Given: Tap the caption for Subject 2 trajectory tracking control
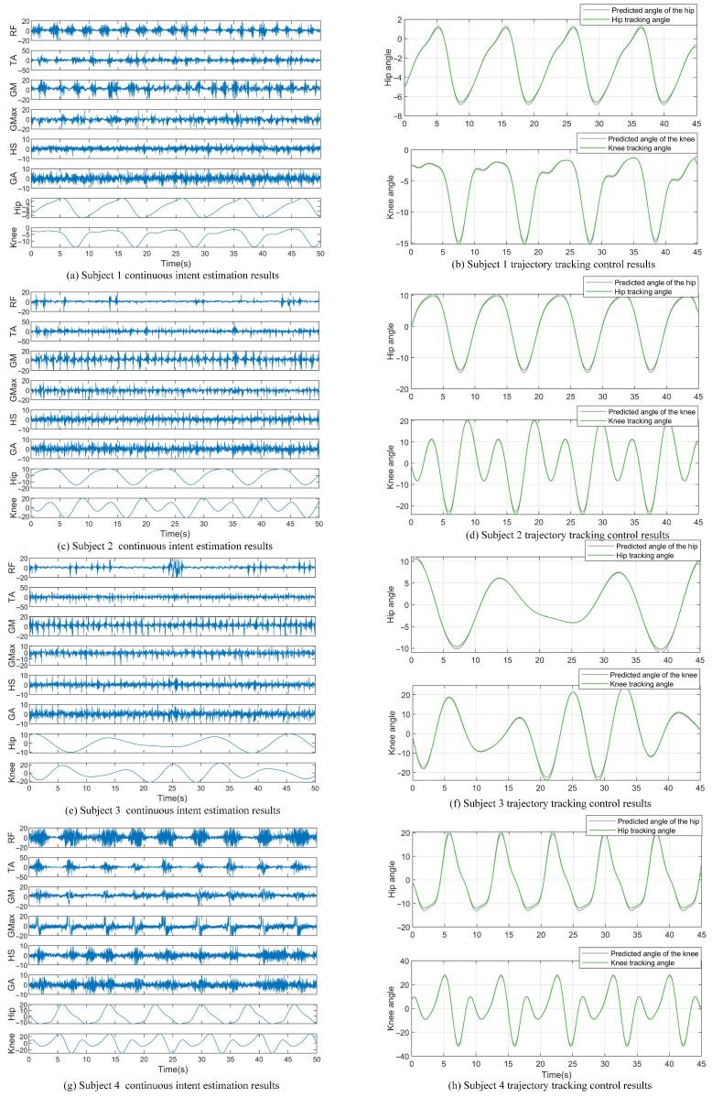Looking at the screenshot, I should click(548, 534).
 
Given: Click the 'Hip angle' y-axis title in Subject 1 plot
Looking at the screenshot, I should click(388, 63).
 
